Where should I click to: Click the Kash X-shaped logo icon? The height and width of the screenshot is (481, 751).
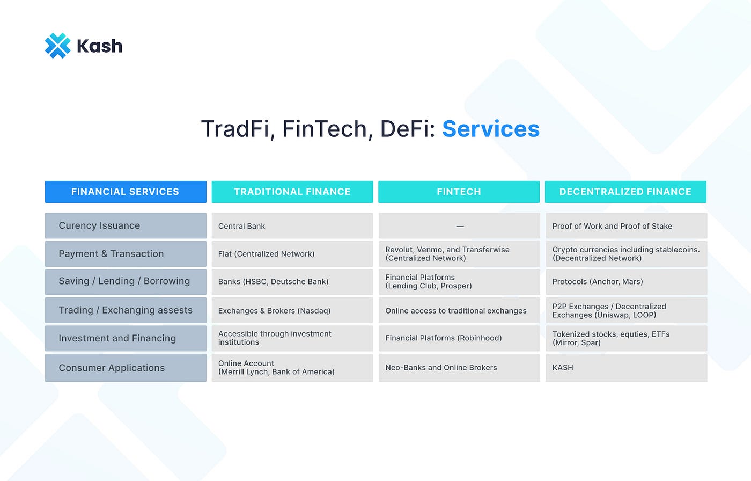58,46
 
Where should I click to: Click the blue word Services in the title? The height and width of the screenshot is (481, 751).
491,129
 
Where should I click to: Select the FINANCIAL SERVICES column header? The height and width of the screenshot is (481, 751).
126,192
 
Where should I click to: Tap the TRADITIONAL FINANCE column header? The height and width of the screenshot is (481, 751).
292,192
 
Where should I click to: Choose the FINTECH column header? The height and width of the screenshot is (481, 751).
459,192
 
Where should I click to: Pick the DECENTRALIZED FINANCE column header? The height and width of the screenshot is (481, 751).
625,192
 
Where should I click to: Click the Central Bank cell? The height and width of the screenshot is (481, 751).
292,226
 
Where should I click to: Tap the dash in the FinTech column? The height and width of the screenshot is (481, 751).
460,227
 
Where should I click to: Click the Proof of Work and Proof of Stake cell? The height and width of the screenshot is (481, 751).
627,226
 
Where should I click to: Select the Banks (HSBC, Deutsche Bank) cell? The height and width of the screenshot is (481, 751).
292,282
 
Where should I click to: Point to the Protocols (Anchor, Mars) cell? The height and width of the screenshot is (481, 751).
627,282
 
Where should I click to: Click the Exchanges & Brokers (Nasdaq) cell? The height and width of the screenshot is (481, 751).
292,310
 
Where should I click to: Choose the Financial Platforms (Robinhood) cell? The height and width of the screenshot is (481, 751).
459,338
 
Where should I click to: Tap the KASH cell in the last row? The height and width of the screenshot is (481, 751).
627,368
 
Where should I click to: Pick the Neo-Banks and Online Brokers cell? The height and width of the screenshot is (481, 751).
459,368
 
